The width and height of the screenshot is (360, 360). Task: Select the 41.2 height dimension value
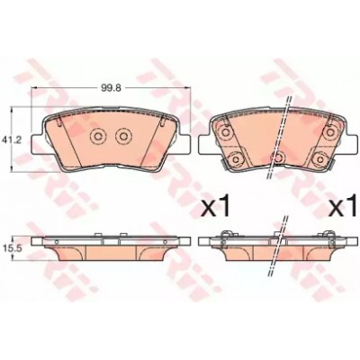tap(8, 139)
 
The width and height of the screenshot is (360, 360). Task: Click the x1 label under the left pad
tap(215, 207)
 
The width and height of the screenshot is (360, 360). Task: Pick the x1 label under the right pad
tap(344, 207)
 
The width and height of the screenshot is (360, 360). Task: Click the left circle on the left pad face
tap(97, 136)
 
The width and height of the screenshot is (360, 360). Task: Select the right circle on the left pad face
tap(122, 136)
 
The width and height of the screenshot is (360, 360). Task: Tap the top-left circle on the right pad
tap(225, 131)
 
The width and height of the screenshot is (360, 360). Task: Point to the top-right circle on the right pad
tap(330, 131)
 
